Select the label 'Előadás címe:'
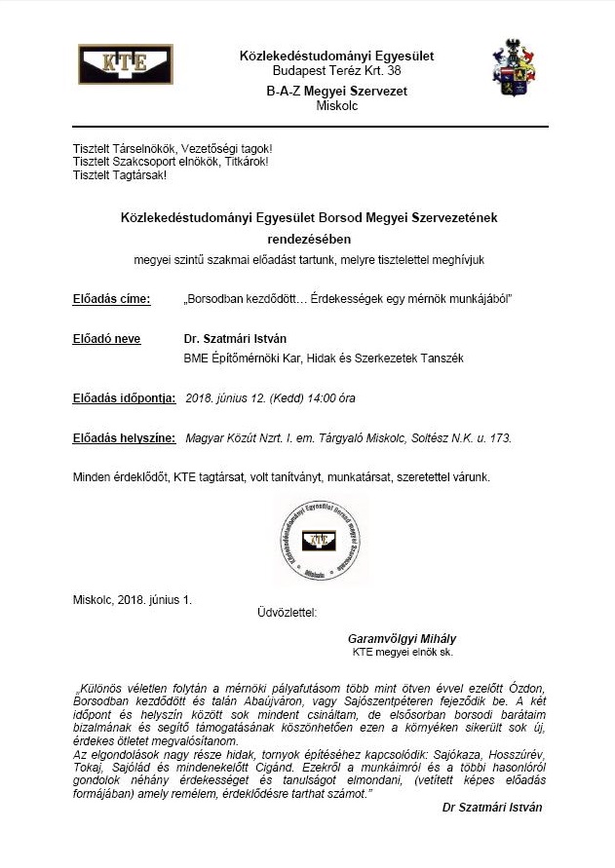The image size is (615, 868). [x=112, y=298]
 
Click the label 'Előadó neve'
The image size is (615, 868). [x=107, y=339]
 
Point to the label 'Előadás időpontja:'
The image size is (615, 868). [x=125, y=397]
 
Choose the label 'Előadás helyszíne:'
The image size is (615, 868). [x=125, y=438]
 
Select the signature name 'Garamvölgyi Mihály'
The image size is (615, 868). [x=402, y=638]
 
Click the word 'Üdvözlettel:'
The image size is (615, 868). [x=287, y=613]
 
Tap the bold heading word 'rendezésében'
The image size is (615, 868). [x=308, y=237]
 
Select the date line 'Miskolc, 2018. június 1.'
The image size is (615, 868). [x=133, y=599]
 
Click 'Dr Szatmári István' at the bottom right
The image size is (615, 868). [x=492, y=808]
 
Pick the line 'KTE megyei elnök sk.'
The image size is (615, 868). [x=403, y=652]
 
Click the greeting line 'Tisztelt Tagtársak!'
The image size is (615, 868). [x=120, y=175]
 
